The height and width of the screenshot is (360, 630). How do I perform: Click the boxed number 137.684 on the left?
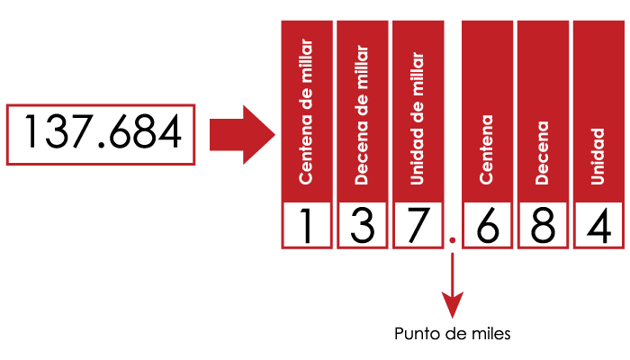[103, 131]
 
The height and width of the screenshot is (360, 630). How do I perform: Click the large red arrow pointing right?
[242, 135]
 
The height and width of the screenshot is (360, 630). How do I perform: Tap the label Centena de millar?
[306, 112]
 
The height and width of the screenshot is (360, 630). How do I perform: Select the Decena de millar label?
[362, 115]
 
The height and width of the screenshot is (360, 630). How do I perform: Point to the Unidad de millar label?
[418, 119]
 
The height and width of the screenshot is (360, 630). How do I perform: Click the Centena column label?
[487, 149]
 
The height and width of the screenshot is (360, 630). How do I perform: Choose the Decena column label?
[542, 153]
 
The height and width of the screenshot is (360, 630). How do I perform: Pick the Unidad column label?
[598, 157]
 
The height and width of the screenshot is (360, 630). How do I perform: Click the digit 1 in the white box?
[307, 225]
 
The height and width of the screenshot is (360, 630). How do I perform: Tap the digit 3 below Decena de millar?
[363, 225]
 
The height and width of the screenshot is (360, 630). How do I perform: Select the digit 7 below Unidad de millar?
[418, 226]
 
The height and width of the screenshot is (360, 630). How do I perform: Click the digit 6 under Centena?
[488, 225]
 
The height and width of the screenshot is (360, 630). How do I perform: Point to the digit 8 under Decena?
[543, 225]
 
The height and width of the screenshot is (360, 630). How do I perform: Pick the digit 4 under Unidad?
[598, 225]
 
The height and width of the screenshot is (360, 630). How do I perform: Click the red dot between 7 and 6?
[453, 240]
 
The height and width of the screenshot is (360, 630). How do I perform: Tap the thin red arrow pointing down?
[453, 285]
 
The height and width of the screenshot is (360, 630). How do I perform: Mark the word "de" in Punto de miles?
[453, 334]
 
